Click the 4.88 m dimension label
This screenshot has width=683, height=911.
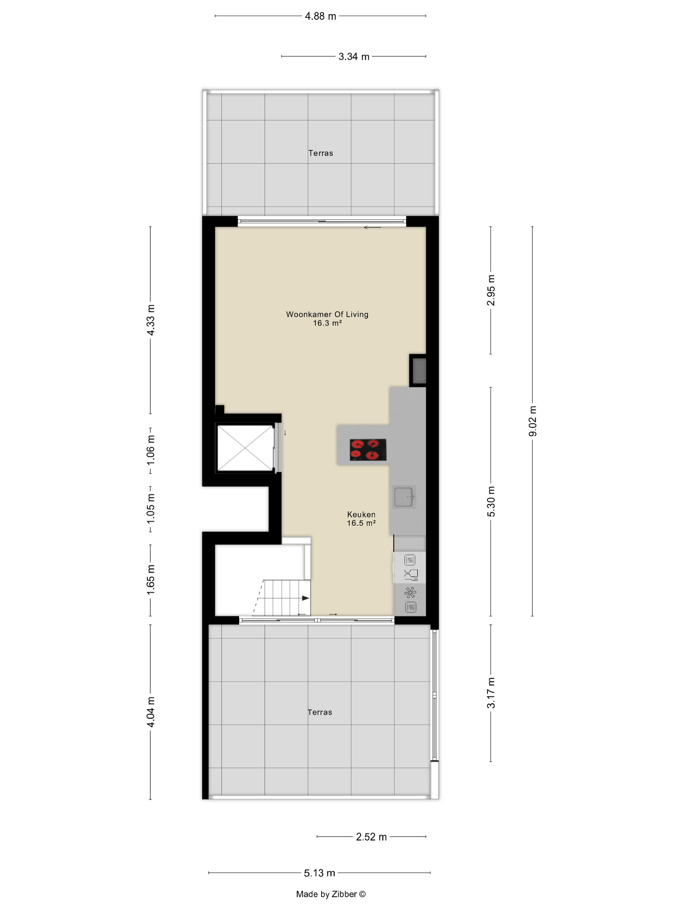pos(320,16)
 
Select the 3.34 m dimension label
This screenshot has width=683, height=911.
pos(354,56)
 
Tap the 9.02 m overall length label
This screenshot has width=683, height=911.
pos(533,421)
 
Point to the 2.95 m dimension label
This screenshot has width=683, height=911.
pos(491,290)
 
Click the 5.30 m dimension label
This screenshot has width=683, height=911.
pos(491,501)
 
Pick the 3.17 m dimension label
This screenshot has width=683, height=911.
pos(491,693)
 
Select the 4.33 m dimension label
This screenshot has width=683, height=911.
pos(151,320)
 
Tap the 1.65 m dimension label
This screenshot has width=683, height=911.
pos(151,579)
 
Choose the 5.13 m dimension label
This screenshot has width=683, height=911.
pos(319,873)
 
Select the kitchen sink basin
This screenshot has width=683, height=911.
pos(404,497)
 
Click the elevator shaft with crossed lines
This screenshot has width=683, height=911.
pos(245,448)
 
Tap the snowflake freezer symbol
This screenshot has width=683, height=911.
pos(410,593)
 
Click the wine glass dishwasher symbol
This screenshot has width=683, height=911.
pos(411,575)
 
